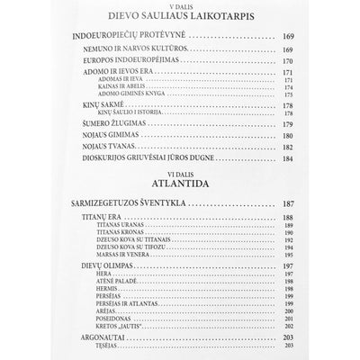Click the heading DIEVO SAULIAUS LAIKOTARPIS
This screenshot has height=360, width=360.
pyautogui.click(x=180, y=14)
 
